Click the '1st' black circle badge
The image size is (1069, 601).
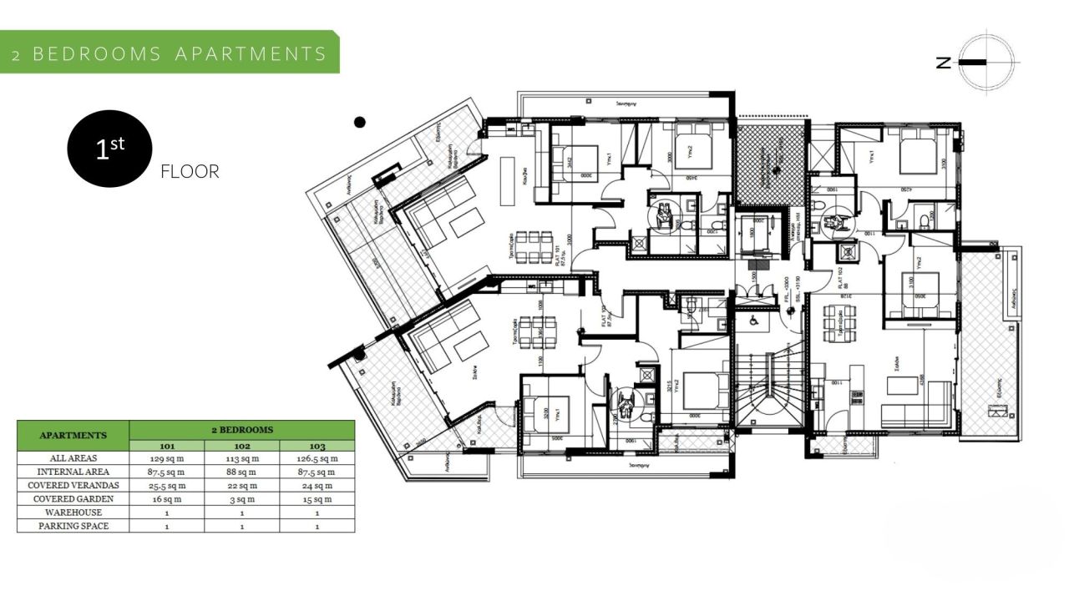109,149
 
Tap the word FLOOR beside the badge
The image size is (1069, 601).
190,172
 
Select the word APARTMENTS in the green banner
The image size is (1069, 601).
251,54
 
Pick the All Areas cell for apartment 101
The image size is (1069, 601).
166,458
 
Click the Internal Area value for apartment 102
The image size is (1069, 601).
241,472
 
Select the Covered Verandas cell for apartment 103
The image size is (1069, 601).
317,485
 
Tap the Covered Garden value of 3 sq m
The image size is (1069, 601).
241,498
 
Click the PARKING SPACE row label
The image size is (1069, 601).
73,526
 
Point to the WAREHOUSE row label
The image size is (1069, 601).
73,512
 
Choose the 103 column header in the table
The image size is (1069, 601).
317,446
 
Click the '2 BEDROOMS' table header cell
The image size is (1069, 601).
241,430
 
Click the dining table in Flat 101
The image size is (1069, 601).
530,248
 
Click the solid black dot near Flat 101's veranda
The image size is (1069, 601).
360,123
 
